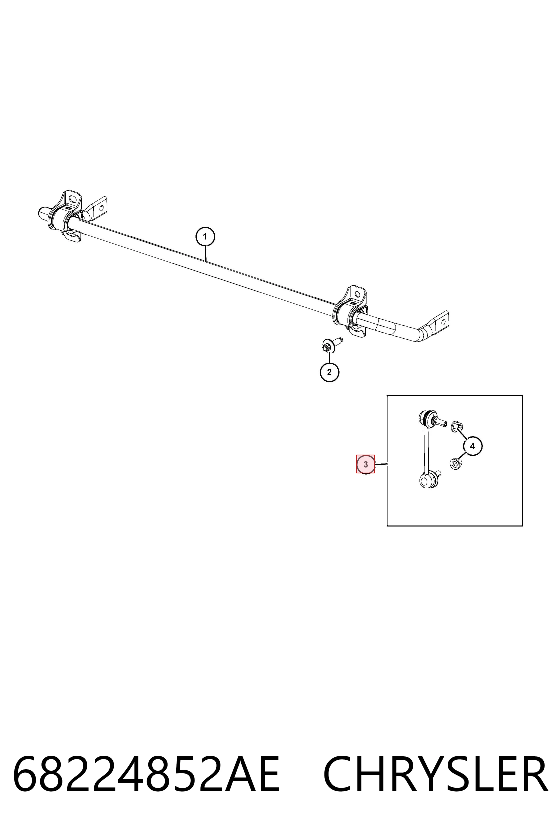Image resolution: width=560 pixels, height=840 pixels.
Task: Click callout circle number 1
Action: pos(205,236)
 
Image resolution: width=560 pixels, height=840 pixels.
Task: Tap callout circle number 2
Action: pos(329,372)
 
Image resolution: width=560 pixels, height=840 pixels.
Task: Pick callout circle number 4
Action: pos(472,446)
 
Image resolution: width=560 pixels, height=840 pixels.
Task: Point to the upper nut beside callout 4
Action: pos(457,426)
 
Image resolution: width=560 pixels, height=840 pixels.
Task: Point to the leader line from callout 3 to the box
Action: pos(381,464)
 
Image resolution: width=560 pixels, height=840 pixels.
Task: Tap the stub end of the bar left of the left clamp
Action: pos(44,213)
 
